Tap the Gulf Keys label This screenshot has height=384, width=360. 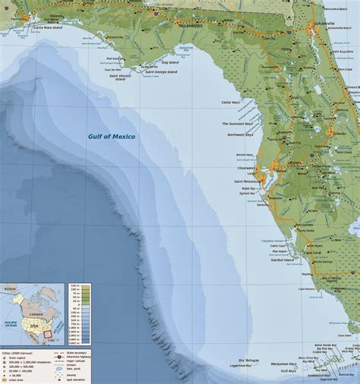click(x=288, y=371)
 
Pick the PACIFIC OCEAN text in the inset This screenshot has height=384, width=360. click(x=11, y=325)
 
